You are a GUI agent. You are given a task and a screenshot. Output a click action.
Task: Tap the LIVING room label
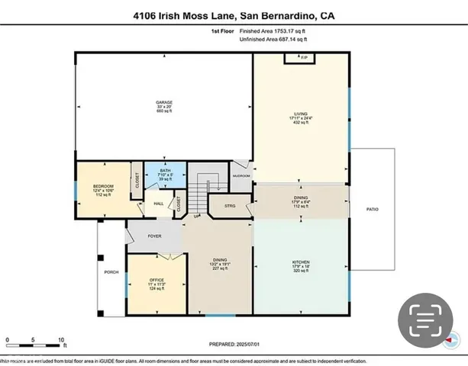coord(301,113)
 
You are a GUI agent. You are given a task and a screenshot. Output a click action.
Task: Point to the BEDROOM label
coord(104,186)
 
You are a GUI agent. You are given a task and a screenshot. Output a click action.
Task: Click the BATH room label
coord(165,171)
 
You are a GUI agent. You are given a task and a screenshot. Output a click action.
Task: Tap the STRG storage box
coord(230,206)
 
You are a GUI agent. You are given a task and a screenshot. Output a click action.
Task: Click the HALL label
coord(159,204)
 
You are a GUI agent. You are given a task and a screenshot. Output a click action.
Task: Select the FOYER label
coord(154,236)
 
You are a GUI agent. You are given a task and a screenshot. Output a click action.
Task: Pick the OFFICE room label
coord(157,280)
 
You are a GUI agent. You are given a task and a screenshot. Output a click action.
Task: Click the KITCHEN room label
coord(301,262)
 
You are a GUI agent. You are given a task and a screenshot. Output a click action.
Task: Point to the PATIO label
coord(372,209)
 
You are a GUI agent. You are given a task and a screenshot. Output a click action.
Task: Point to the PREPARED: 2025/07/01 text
coord(234,344)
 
